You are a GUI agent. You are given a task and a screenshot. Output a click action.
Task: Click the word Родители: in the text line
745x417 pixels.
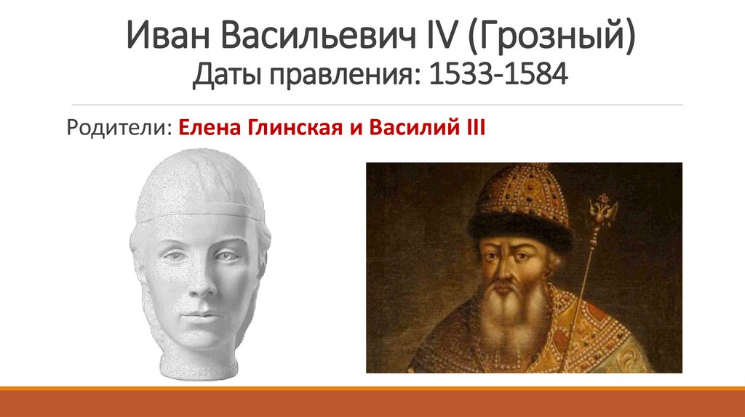119,129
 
